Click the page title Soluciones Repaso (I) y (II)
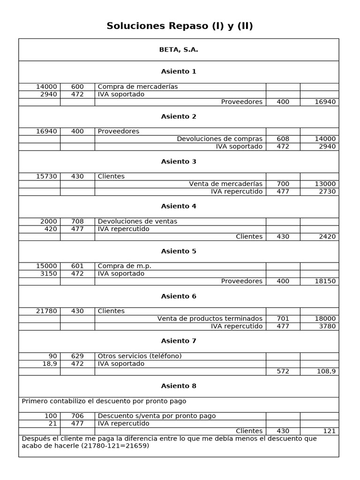point(180,26)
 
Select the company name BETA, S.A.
point(179,50)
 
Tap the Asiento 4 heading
point(179,206)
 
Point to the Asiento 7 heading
point(179,341)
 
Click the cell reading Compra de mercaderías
point(138,87)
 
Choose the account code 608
point(283,139)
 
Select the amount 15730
point(46,177)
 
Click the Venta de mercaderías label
point(225,184)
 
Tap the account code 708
point(77,222)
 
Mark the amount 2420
point(327,237)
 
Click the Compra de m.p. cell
point(125,266)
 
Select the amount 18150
point(325,281)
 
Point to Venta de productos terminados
point(210,319)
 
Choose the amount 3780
point(327,326)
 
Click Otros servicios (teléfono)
point(140,356)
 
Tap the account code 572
point(283,371)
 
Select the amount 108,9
point(325,371)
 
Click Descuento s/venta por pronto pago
point(157,416)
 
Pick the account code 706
point(77,416)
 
